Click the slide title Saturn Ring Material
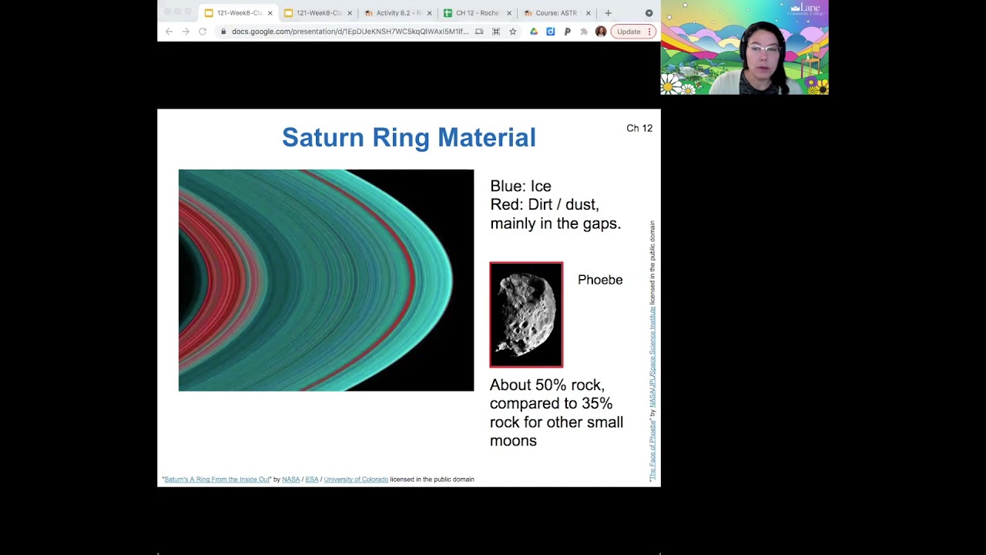pyautogui.click(x=408, y=138)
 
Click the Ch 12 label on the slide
pyautogui.click(x=639, y=129)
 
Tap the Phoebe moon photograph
pyautogui.click(x=526, y=314)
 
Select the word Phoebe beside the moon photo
pyautogui.click(x=599, y=280)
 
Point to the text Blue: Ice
pyautogui.click(x=520, y=187)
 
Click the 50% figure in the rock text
pyautogui.click(x=551, y=385)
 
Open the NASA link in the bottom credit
pyautogui.click(x=290, y=479)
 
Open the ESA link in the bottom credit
pyautogui.click(x=311, y=479)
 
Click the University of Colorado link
pyautogui.click(x=356, y=479)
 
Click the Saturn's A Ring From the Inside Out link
pyautogui.click(x=216, y=479)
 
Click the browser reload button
pyautogui.click(x=203, y=32)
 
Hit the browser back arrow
pyautogui.click(x=169, y=32)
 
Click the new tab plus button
pyautogui.click(x=608, y=13)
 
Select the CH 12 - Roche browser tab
pyautogui.click(x=476, y=13)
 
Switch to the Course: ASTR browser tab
pyautogui.click(x=555, y=13)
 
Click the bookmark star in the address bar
pyautogui.click(x=512, y=32)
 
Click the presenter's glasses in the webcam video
pyautogui.click(x=762, y=49)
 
